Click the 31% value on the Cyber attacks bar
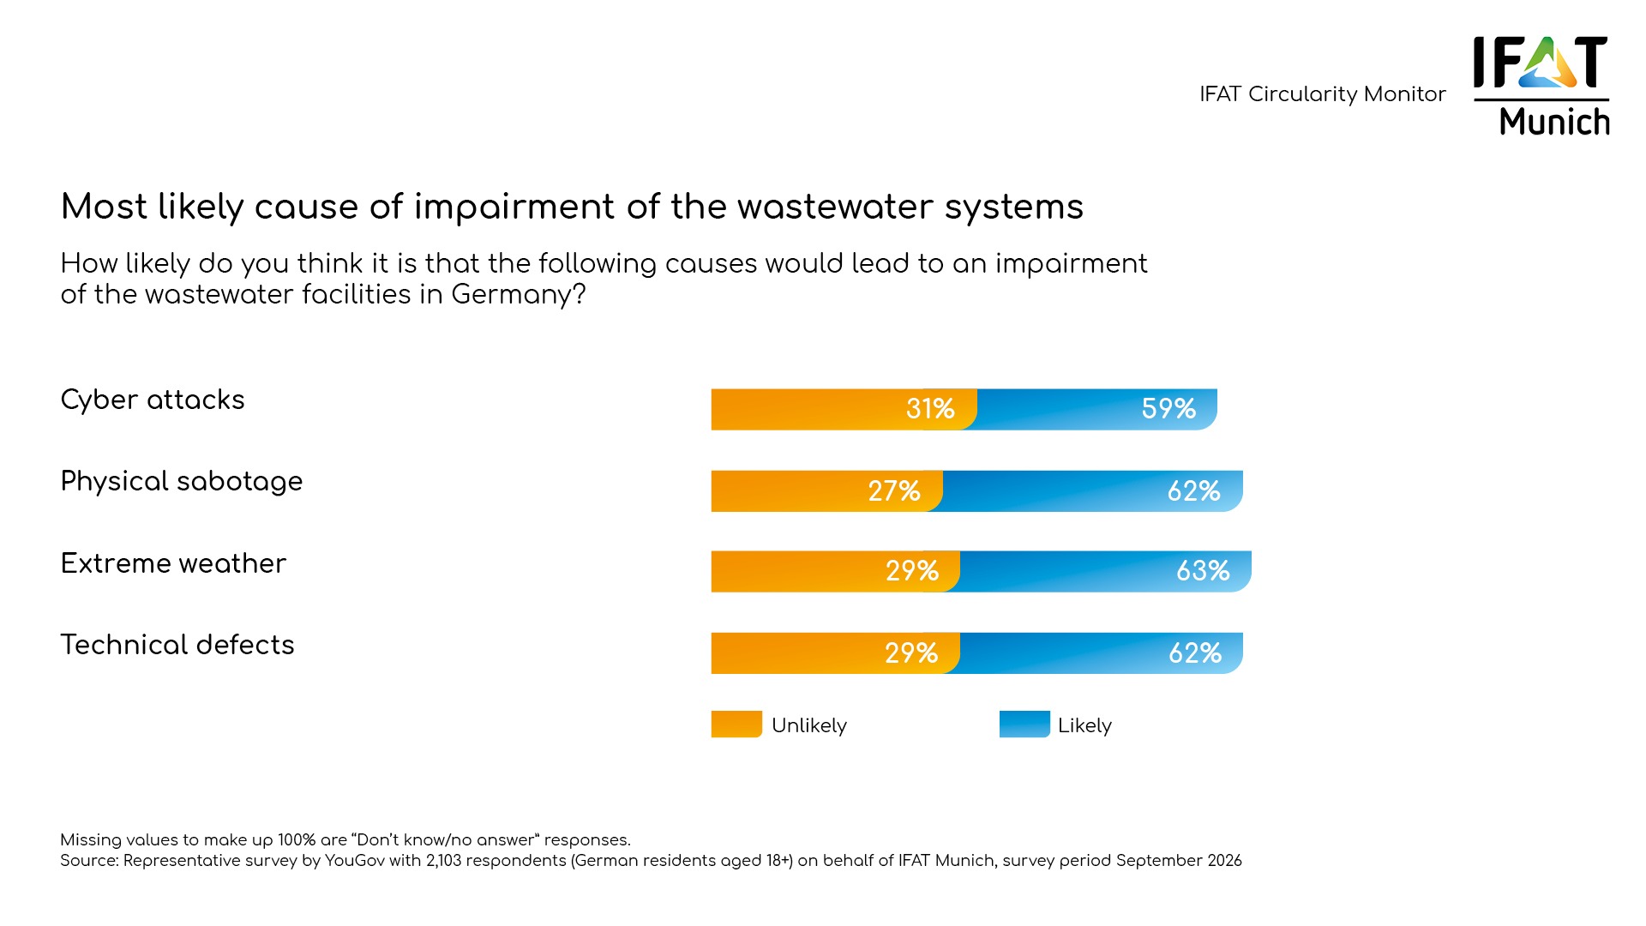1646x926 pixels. click(x=930, y=409)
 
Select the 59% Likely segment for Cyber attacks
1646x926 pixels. click(x=1097, y=409)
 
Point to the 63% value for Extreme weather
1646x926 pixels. click(x=1203, y=571)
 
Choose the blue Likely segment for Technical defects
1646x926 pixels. click(x=1102, y=653)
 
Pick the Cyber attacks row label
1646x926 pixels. click(x=153, y=400)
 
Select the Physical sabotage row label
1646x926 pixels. click(x=182, y=481)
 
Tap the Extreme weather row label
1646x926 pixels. click(x=173, y=563)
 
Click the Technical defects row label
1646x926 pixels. click(x=177, y=645)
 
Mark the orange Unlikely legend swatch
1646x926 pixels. click(x=736, y=725)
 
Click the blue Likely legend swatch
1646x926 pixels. click(x=1024, y=725)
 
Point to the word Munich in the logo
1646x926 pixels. click(x=1554, y=122)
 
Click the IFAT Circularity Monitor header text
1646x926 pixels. click(x=1322, y=94)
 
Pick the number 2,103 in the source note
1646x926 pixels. click(x=444, y=861)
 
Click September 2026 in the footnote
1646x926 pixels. click(x=1179, y=861)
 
